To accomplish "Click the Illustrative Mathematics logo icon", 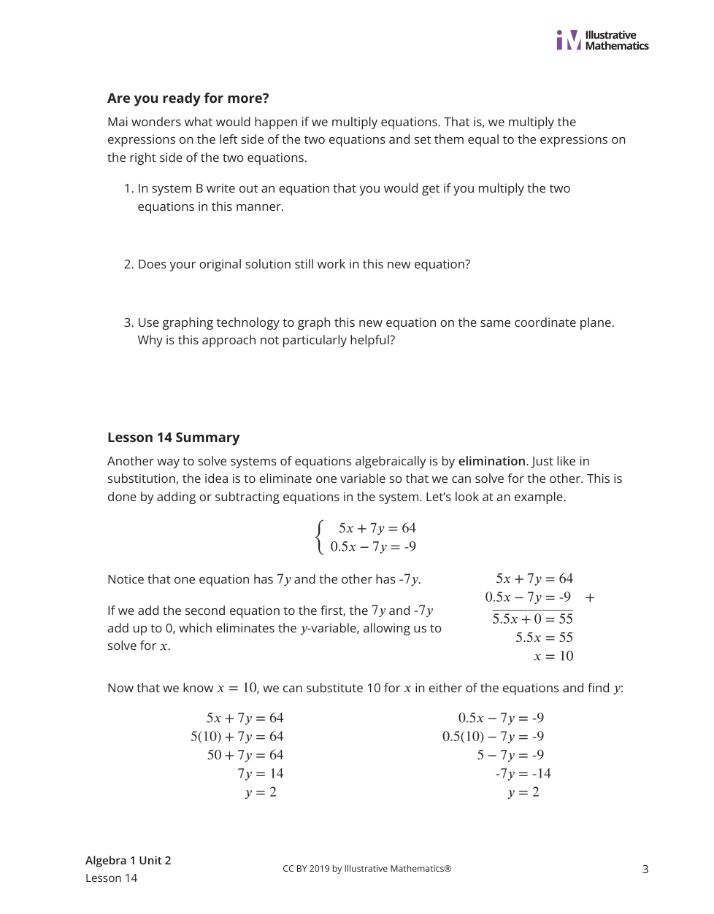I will tap(569, 40).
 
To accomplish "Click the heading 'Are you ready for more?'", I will tap(188, 98).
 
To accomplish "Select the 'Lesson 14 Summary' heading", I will tap(173, 438).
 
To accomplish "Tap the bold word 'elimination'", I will tap(491, 461).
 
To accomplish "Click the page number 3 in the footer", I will tap(645, 869).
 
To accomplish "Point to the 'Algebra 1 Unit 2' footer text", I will tap(128, 861).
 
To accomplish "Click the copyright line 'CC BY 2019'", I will tap(366, 869).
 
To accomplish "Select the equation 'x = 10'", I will tap(553, 657).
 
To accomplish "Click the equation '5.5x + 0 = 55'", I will tap(532, 619).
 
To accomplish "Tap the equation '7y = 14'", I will tap(260, 774).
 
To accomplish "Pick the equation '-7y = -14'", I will tap(523, 774).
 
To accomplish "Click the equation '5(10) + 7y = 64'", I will tap(237, 737).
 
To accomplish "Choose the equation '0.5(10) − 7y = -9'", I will tap(493, 737).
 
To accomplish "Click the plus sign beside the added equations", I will tap(590, 598).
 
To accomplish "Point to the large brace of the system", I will tap(319, 538).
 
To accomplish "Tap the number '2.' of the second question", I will tap(128, 264).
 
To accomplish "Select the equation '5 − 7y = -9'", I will tap(510, 755).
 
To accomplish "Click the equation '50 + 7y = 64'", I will tap(245, 755).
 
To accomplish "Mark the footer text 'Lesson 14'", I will tap(111, 878).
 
